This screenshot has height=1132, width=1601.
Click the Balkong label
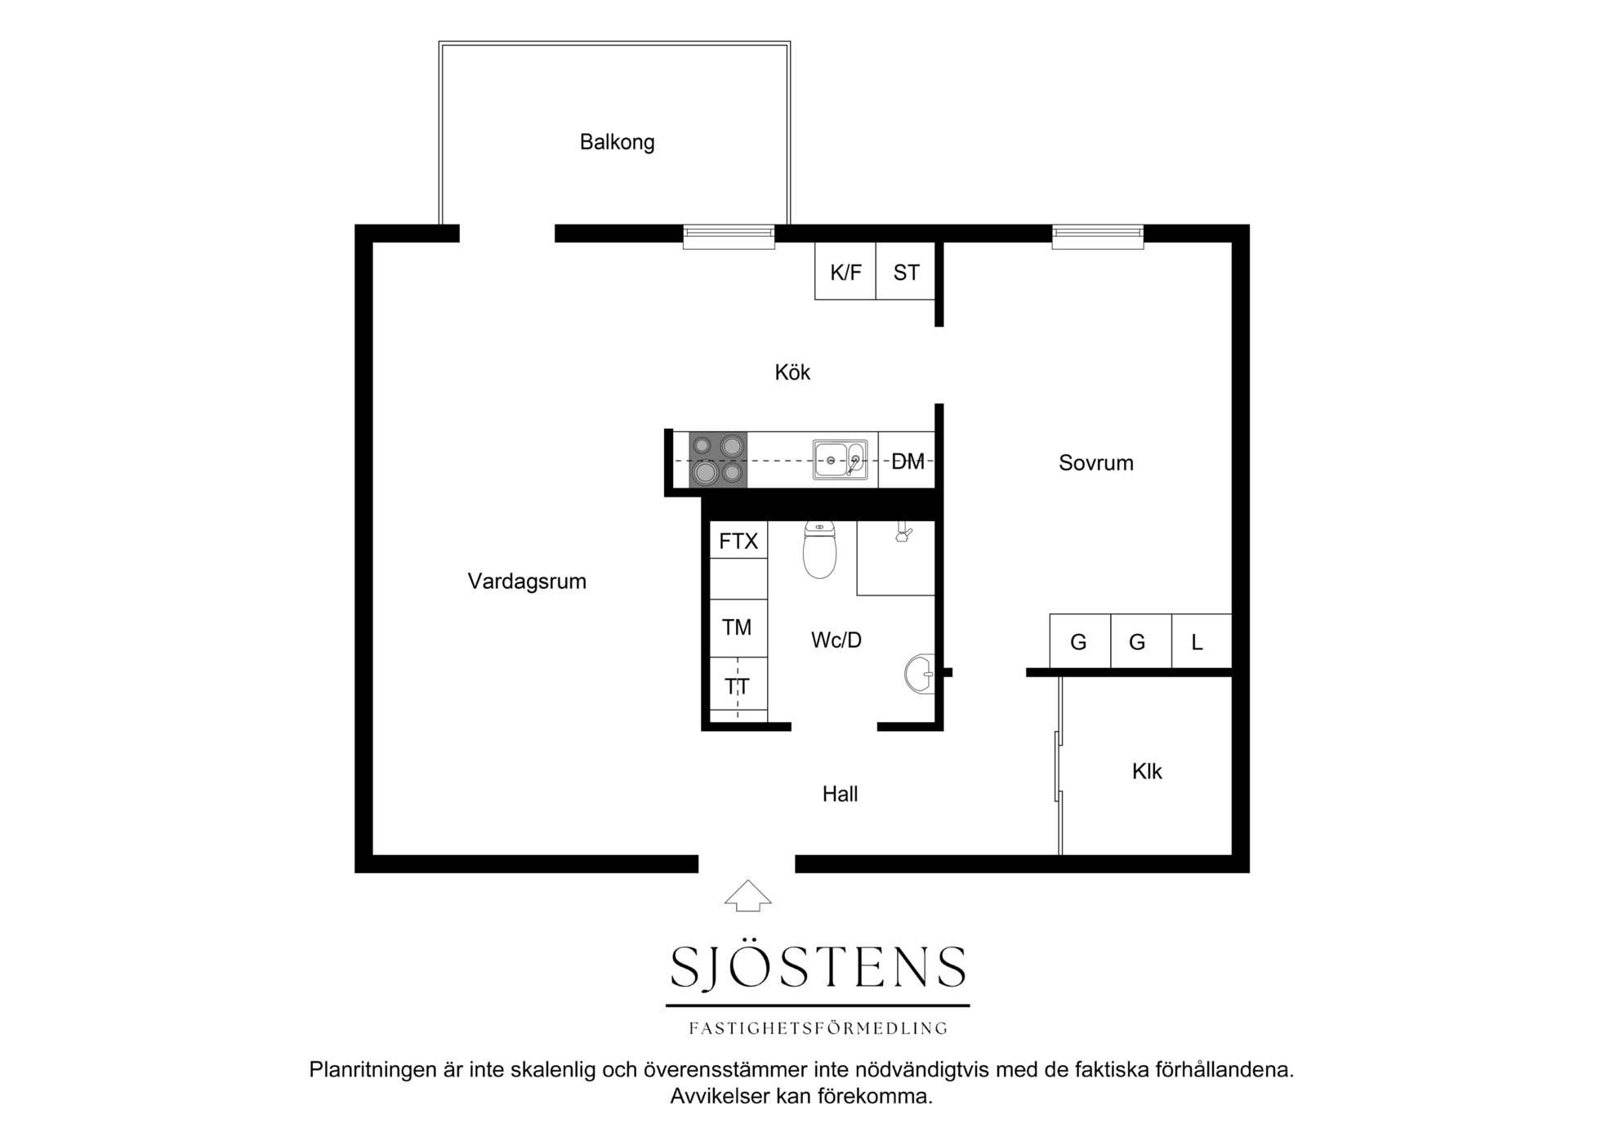pos(617,142)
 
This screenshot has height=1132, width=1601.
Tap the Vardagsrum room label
pos(527,582)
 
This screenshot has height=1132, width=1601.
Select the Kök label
pos(792,372)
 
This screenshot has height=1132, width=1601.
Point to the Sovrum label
pos(1096,463)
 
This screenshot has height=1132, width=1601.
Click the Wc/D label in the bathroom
pos(836,640)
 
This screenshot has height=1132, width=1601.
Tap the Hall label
pos(840,794)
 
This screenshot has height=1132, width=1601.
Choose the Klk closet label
pos(1147,772)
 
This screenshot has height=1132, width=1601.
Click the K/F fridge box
pos(845,271)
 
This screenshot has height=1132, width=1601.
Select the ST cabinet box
pos(906,271)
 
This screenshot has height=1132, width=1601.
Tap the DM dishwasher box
pos(907,461)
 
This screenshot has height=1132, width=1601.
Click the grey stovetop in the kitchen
pos(718,460)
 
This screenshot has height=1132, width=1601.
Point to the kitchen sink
pos(840,460)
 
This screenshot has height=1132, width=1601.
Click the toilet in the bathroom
pos(819,550)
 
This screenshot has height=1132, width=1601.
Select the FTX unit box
pos(738,541)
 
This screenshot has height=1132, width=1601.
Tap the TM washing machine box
pos(738,628)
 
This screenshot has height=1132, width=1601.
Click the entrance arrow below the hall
pos(748,896)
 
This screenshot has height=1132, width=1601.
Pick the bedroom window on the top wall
pos(1098,237)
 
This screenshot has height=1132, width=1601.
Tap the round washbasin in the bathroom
pos(920,674)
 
